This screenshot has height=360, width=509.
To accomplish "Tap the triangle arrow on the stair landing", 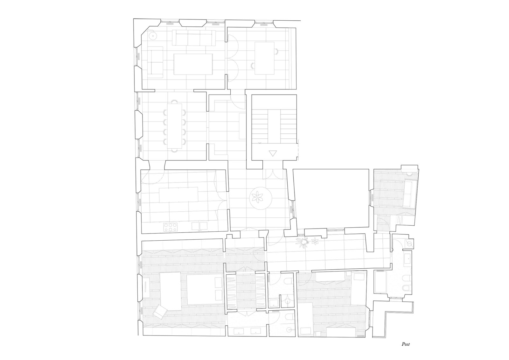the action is click(x=273, y=153).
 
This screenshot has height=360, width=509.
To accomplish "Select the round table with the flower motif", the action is click(x=261, y=198).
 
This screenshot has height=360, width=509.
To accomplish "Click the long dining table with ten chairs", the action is click(x=175, y=126).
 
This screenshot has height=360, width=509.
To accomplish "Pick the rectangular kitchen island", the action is click(x=178, y=195).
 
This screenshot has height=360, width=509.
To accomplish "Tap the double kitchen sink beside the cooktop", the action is click(x=199, y=226).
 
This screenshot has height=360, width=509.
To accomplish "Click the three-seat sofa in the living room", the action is click(x=194, y=38).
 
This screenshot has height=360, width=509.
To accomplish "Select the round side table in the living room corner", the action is click(x=153, y=36).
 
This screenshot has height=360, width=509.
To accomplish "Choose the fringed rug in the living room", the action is click(x=193, y=64).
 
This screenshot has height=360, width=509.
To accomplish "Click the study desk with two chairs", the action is click(x=264, y=58).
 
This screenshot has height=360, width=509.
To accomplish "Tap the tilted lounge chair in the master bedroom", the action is click(x=160, y=311).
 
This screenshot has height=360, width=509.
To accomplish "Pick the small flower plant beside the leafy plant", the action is click(x=315, y=241).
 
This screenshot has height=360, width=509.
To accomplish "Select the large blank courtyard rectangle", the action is click(x=331, y=198).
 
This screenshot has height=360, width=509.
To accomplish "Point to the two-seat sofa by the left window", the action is click(x=156, y=62).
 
